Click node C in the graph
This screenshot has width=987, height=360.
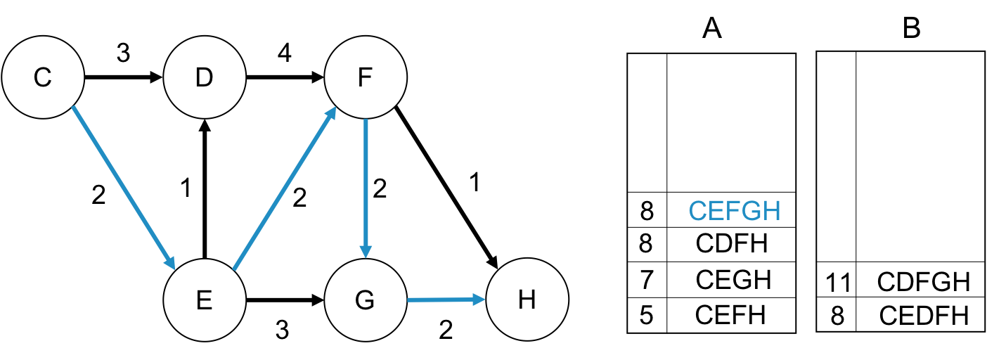(43, 77)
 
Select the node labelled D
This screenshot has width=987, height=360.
(205, 77)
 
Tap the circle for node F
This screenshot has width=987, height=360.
(366, 77)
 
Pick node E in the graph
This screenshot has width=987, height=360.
(205, 300)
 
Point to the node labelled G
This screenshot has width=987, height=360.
(366, 300)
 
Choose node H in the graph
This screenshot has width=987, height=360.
(527, 300)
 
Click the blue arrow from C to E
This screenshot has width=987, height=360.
(123, 188)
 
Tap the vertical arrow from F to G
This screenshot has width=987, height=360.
(366, 188)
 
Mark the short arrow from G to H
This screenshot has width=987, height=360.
(446, 300)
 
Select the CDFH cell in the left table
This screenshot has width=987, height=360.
(731, 244)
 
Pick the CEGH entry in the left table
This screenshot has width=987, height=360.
(731, 279)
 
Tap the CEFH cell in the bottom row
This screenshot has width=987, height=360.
(731, 314)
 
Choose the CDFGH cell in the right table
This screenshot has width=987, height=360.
(923, 283)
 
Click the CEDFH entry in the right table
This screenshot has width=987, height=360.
(923, 316)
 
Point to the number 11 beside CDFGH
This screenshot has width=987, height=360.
(837, 283)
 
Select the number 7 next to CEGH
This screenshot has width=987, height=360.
(647, 279)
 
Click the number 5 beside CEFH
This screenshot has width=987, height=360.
(647, 314)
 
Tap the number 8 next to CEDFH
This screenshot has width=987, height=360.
(837, 316)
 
